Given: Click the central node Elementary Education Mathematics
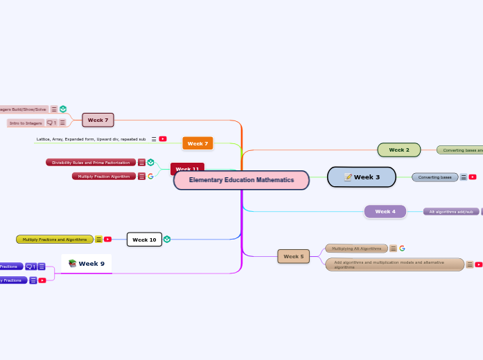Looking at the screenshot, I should [241, 180].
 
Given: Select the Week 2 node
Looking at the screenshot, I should [398, 150].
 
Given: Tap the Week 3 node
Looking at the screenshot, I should [362, 177].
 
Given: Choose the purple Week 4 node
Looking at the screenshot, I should [385, 211].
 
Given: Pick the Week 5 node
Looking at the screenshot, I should [293, 256].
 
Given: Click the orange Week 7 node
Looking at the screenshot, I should [197, 143].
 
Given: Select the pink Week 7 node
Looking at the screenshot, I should [98, 120].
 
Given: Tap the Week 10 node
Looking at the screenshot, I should [144, 240].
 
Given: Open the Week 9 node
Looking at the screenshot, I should [87, 263].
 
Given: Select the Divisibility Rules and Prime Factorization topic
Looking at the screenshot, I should [91, 163].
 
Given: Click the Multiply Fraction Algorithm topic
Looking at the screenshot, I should [103, 177].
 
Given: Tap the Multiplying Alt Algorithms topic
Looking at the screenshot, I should [356, 248].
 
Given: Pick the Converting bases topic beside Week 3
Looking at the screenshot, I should [434, 177].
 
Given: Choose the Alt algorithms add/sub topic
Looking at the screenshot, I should [450, 211].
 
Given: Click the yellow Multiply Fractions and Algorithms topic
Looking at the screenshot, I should [55, 240].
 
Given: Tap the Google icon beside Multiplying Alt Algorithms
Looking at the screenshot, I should [402, 248].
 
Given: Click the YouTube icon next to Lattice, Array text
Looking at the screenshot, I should [163, 139].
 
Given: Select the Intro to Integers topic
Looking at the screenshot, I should [26, 123].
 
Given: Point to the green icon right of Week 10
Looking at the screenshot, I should [167, 240].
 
